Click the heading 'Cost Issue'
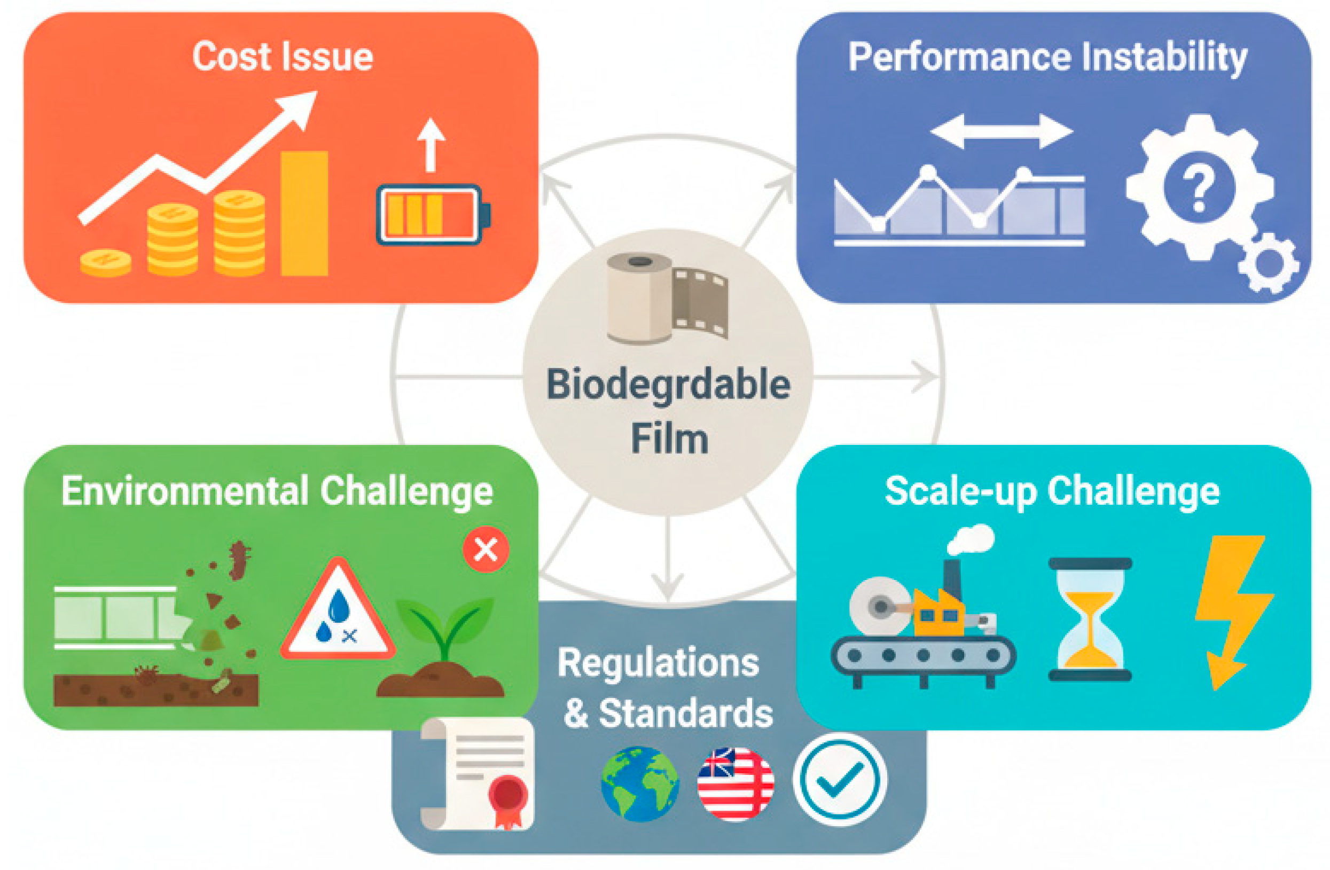(282, 57)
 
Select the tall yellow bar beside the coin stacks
(304, 213)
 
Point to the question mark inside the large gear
(1198, 190)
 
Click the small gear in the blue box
(1268, 263)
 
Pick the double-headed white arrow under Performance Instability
(1001, 131)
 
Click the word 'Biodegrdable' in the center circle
(668, 385)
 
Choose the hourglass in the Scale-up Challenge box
(1090, 619)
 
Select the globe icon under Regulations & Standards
(640, 783)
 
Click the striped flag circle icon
(736, 783)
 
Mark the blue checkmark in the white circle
(839, 780)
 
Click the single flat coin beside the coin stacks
(105, 263)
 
